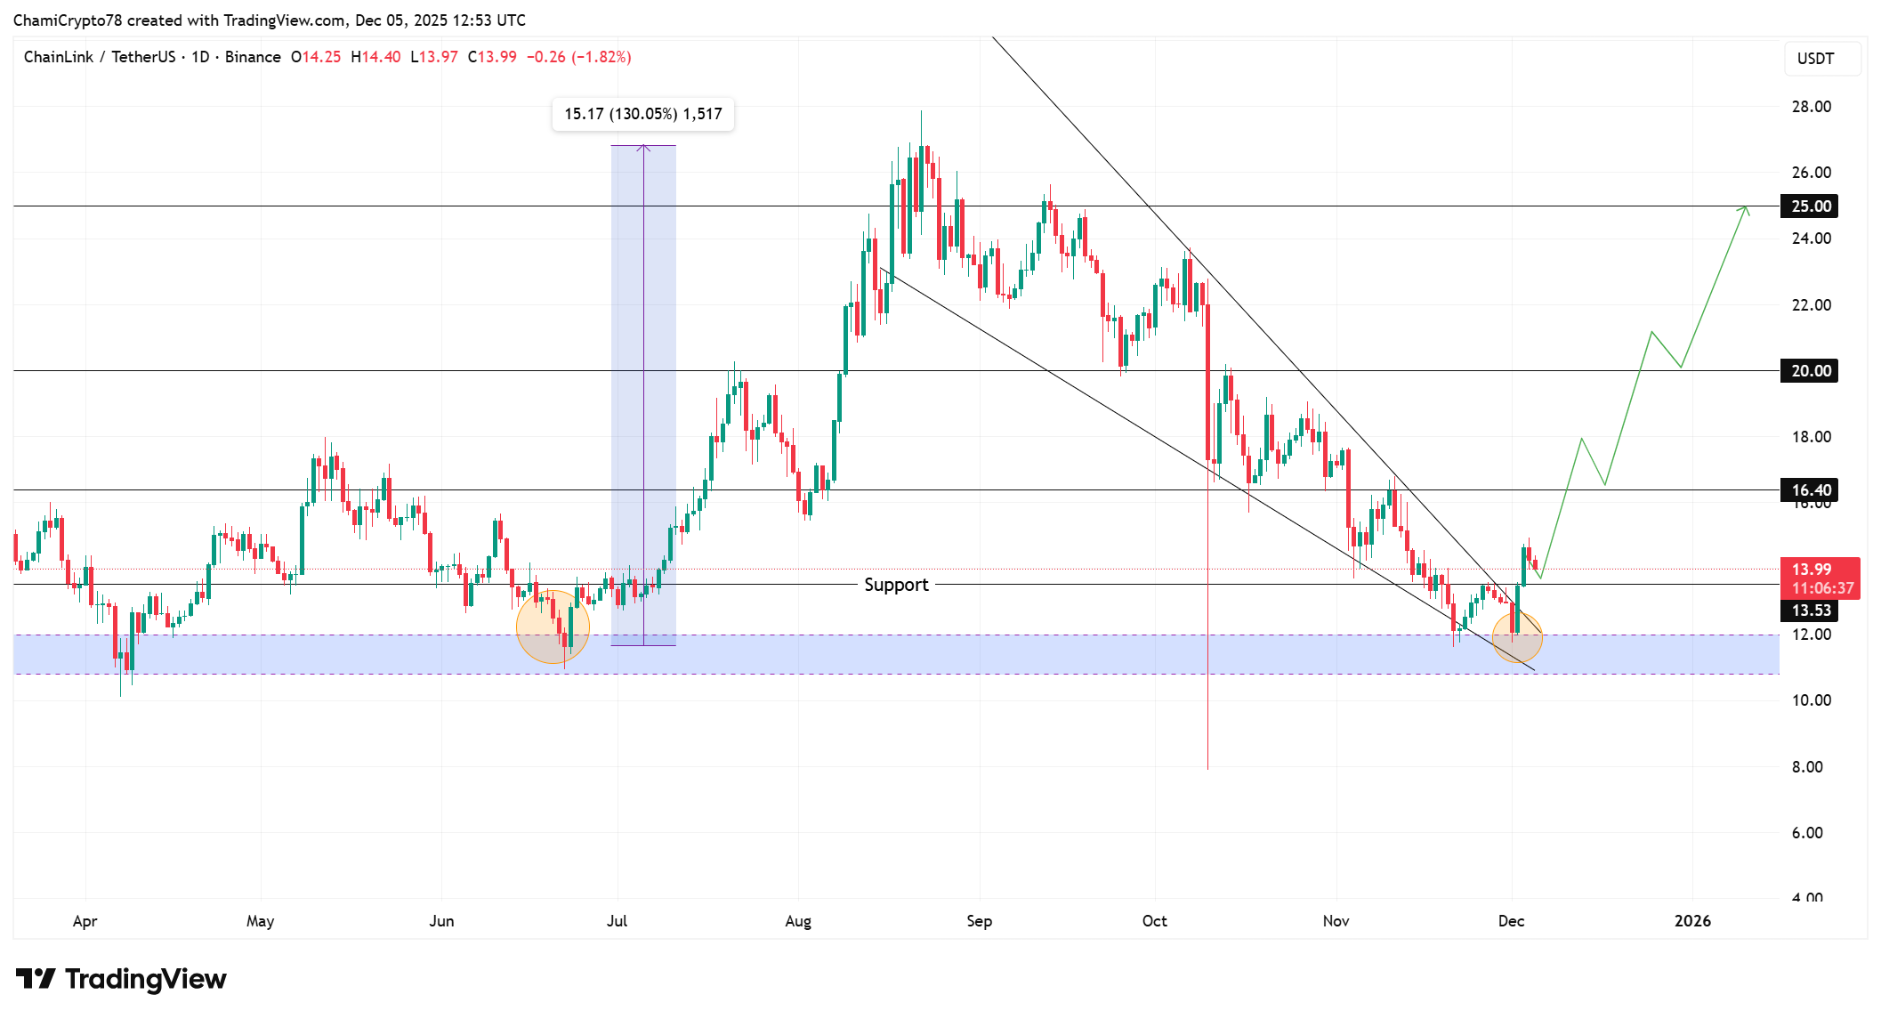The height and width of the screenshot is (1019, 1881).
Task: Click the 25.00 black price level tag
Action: click(1810, 206)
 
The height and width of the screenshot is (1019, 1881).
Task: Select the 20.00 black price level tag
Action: click(1810, 371)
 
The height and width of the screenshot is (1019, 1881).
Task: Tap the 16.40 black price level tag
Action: click(1810, 490)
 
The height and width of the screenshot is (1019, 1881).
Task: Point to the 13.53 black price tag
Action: click(1810, 611)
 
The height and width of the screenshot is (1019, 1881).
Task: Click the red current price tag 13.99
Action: click(1819, 578)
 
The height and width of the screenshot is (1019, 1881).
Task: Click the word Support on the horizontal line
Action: click(896, 585)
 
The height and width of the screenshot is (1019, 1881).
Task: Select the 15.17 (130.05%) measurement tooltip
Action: click(642, 114)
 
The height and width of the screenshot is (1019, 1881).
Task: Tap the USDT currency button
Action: click(1815, 59)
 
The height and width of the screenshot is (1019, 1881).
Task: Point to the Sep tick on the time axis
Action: click(979, 921)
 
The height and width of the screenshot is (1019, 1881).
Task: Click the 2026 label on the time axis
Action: click(1692, 921)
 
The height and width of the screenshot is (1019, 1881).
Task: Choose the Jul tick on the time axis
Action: click(617, 921)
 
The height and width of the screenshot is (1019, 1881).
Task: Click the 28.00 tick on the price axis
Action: click(1811, 107)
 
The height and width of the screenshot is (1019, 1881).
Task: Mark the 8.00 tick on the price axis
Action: click(1807, 767)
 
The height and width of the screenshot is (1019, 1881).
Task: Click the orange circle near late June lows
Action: click(553, 627)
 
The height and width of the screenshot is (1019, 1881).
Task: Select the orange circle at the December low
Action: click(1517, 635)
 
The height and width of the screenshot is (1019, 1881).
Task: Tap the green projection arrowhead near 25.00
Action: click(1746, 210)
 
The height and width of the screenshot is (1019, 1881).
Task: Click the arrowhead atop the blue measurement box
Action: click(643, 148)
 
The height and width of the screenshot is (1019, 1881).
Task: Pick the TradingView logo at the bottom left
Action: click(121, 980)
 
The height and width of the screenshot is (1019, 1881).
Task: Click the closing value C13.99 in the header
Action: click(493, 57)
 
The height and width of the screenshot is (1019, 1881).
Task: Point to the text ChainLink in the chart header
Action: click(59, 57)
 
